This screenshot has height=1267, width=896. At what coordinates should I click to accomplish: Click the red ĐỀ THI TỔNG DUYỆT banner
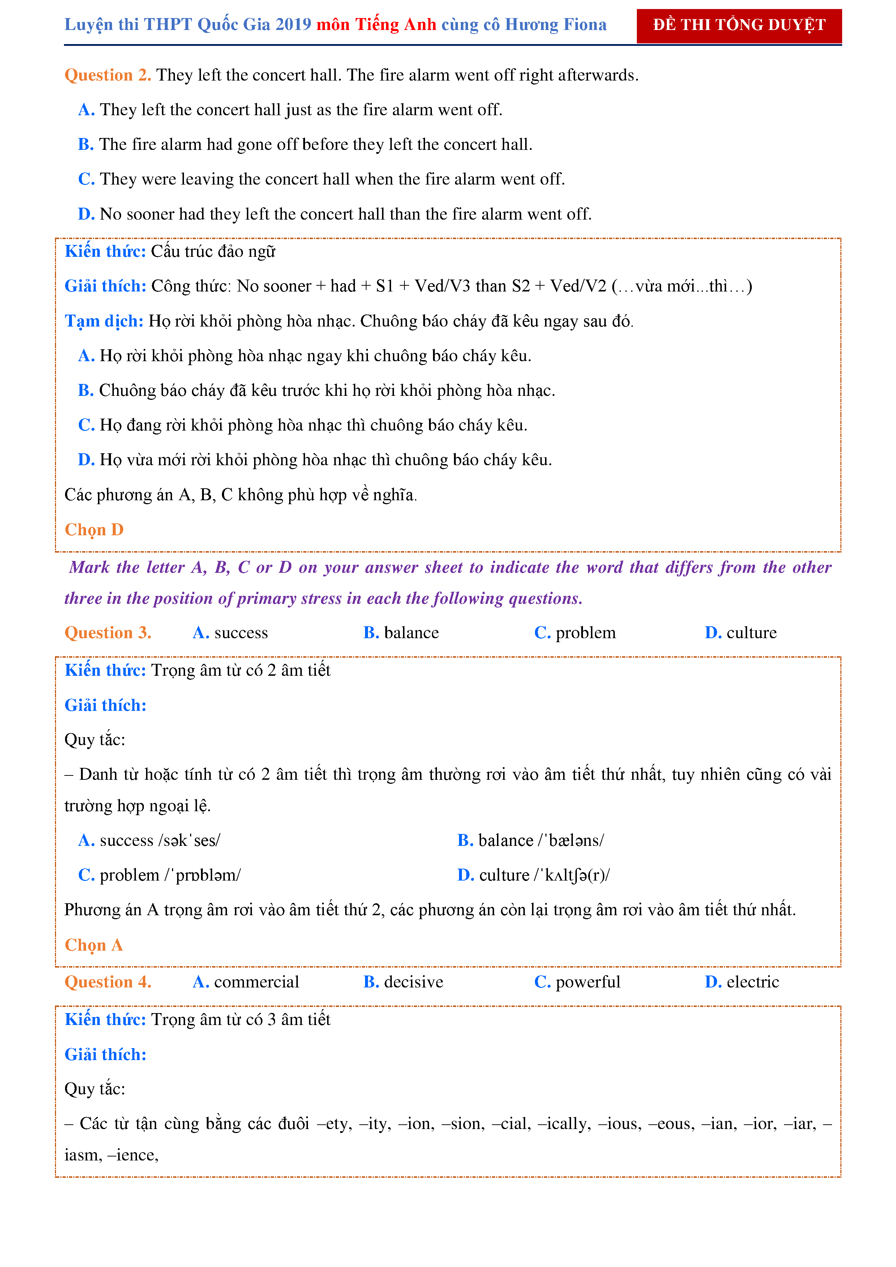(x=739, y=25)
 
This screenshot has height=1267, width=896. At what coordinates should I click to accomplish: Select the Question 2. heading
(x=108, y=75)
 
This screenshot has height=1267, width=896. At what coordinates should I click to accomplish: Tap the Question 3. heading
(x=108, y=632)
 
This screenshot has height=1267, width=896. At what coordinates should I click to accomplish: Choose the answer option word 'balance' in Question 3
(x=411, y=632)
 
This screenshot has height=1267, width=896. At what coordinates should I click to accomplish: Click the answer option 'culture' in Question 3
(x=751, y=632)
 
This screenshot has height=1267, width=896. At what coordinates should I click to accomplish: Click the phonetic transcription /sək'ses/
(x=189, y=840)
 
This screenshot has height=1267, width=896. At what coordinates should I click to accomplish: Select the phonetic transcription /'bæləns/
(x=571, y=840)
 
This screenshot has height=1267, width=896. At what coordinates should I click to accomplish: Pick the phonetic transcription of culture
(x=572, y=875)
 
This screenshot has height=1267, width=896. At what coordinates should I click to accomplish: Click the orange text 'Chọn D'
(x=94, y=530)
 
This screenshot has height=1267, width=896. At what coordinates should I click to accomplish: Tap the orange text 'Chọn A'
(x=93, y=945)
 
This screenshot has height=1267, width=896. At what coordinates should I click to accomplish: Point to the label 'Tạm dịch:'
(x=104, y=321)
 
